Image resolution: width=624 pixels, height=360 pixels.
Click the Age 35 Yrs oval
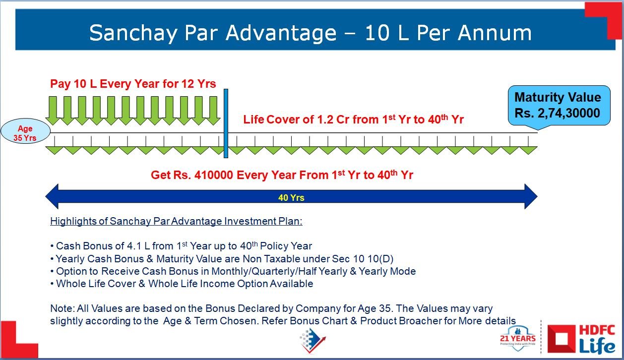point(25,131)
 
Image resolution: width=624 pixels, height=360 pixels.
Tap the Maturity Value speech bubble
point(559,106)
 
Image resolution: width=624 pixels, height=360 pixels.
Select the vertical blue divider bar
point(226,123)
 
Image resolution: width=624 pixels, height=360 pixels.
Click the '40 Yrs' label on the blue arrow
point(291,198)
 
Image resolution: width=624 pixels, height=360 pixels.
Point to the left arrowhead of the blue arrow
point(52,196)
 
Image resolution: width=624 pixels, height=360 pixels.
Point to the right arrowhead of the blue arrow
point(531,196)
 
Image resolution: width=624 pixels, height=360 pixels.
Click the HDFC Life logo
point(581,339)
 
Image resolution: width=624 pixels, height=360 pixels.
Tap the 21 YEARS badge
point(518,338)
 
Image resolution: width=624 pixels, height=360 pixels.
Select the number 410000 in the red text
point(214,175)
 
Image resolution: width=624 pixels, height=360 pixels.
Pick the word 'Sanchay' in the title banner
point(133,33)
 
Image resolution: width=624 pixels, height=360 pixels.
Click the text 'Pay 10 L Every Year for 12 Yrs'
point(133,84)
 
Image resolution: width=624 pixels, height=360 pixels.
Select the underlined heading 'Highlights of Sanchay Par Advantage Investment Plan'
point(176,221)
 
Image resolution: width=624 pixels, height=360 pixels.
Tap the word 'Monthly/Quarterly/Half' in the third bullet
point(264,271)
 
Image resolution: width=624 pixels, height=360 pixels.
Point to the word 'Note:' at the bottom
point(62,308)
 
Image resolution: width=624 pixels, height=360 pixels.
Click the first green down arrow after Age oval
point(53,111)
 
